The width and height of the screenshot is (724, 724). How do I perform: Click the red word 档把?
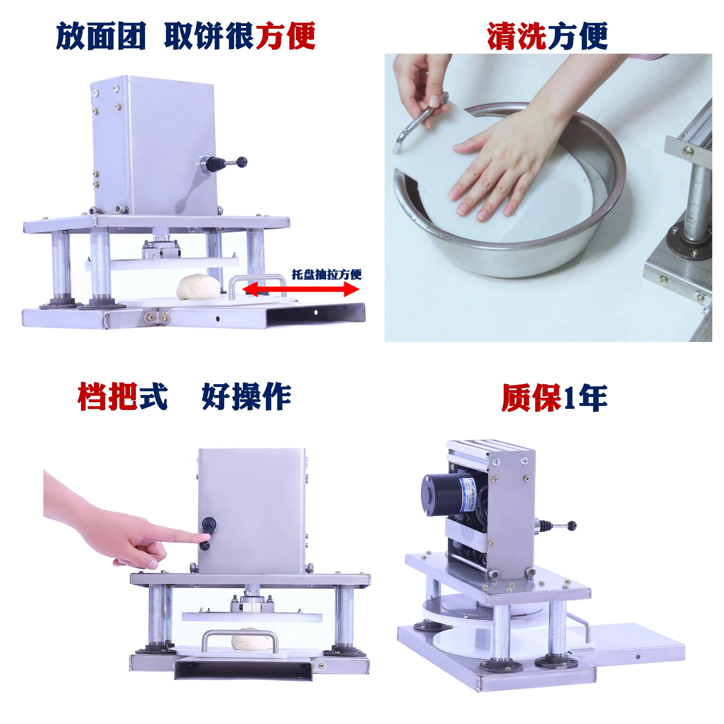(x=107, y=397)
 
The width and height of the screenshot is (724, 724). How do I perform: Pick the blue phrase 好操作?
(x=246, y=397)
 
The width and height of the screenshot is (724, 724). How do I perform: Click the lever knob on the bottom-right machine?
(x=572, y=526)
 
